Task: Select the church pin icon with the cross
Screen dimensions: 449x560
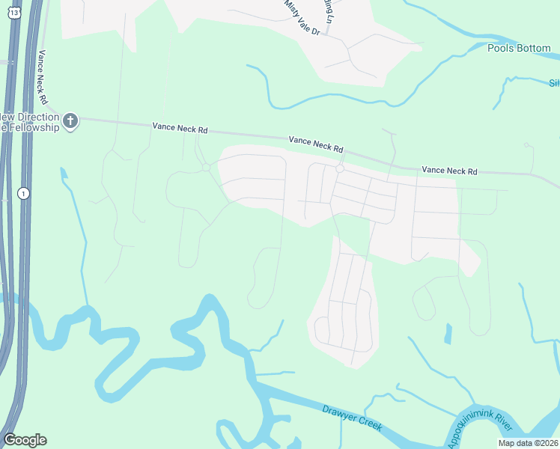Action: (70, 120)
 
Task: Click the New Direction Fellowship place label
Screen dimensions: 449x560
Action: (29, 123)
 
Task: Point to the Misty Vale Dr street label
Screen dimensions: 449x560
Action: (302, 18)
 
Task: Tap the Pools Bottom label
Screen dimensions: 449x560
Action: (519, 49)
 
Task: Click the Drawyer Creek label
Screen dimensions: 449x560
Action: (352, 418)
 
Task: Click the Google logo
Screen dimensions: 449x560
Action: (25, 440)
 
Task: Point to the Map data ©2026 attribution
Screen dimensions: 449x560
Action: (527, 443)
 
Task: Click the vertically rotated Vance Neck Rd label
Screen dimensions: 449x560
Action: (43, 77)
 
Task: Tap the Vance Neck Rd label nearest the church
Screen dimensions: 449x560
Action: (180, 129)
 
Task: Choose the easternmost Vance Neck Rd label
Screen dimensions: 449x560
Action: (449, 171)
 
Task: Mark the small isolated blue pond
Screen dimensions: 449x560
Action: (448, 334)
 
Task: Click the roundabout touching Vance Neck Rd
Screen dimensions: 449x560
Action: (339, 169)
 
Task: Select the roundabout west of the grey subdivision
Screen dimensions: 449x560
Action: (206, 168)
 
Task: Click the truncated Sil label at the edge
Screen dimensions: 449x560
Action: (554, 83)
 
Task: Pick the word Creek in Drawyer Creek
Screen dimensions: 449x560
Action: (368, 423)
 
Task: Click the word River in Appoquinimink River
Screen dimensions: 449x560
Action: (501, 425)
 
